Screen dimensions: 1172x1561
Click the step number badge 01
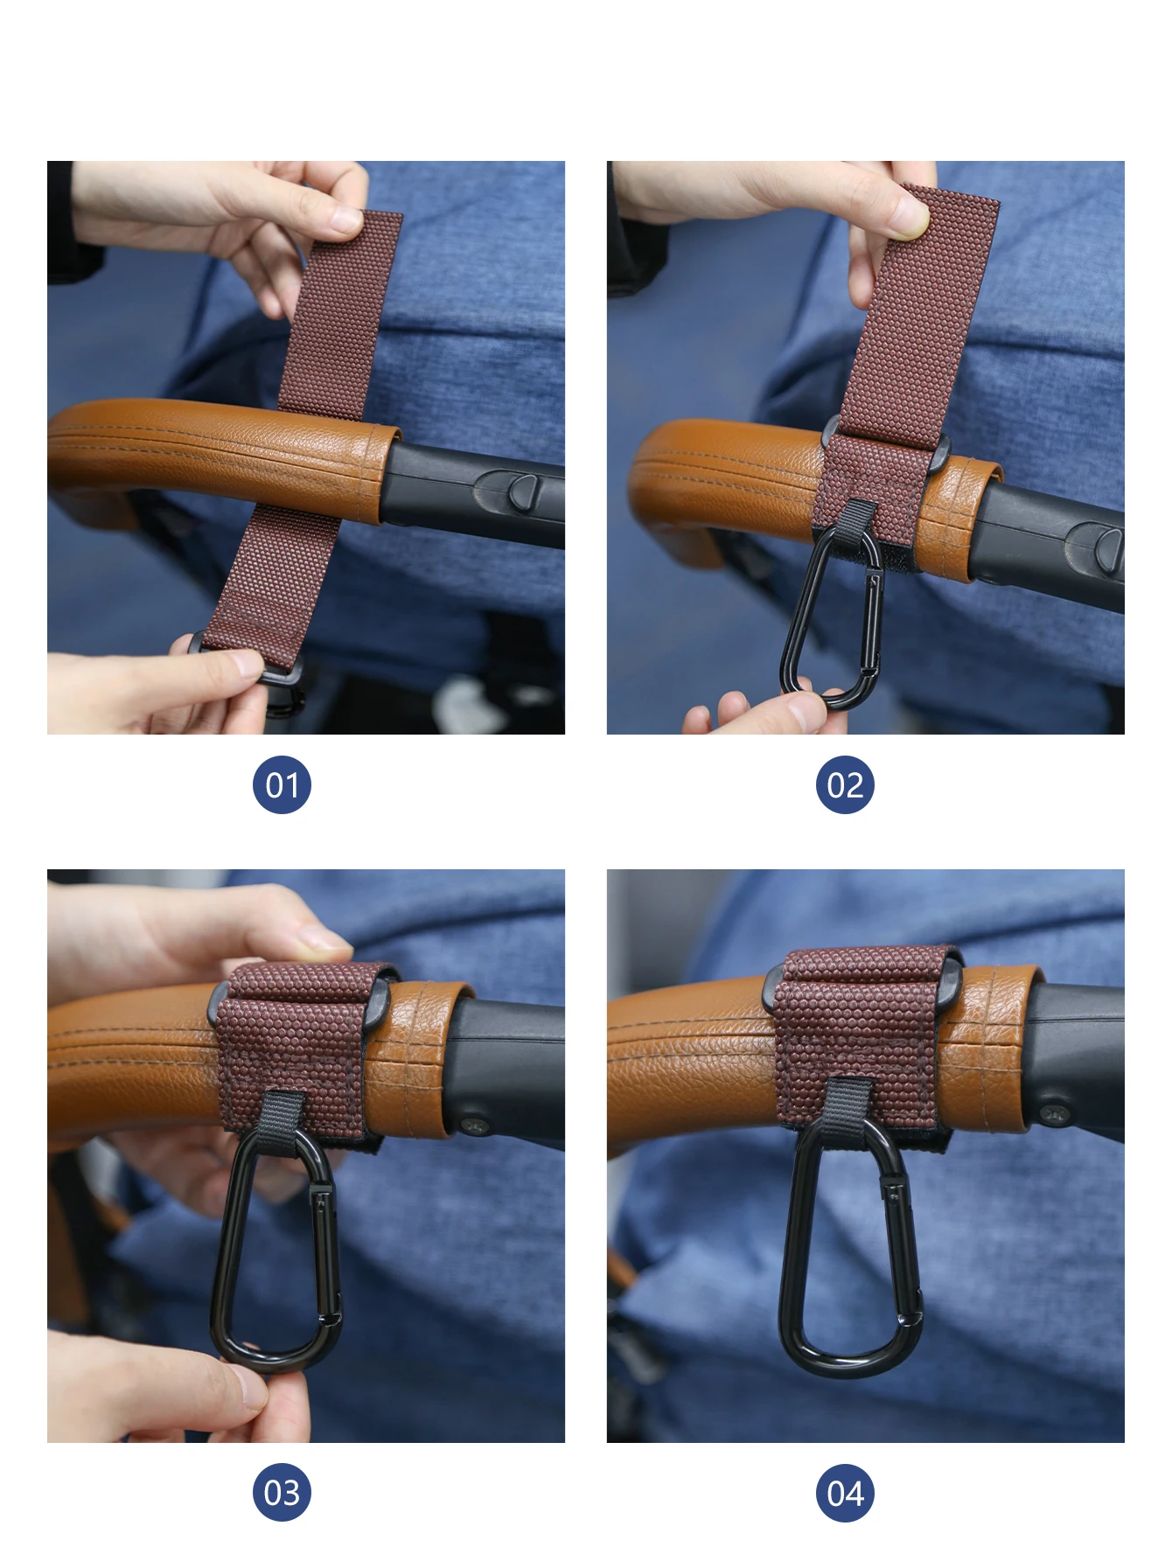pyautogui.click(x=282, y=784)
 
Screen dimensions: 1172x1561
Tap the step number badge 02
pyautogui.click(x=845, y=784)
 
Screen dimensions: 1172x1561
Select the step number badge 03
pyautogui.click(x=282, y=1493)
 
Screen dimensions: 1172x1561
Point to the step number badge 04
pyautogui.click(x=845, y=1493)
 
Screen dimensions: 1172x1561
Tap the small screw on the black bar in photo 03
pyautogui.click(x=473, y=1123)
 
